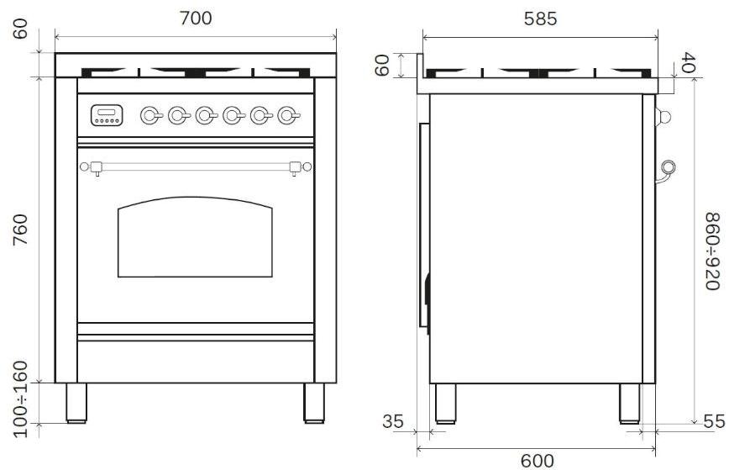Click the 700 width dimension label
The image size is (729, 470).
196,18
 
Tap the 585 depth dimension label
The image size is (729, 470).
540,18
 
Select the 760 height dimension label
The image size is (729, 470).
21,230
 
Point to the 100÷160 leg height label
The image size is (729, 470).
21,399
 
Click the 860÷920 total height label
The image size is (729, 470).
713,251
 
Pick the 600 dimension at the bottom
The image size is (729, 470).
538,461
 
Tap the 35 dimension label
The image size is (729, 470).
393,421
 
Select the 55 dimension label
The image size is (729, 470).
714,421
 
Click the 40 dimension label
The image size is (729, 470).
689,62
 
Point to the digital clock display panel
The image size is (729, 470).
107,115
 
